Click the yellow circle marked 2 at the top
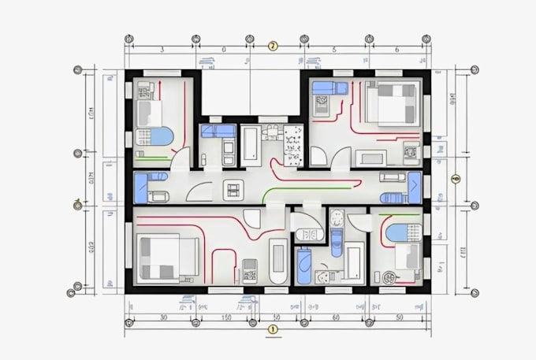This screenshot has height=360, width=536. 273,46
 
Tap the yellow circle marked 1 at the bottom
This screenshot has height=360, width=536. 273,329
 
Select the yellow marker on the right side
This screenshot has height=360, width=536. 455,179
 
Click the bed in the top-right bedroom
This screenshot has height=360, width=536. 394,102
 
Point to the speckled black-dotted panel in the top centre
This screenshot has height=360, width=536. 293,144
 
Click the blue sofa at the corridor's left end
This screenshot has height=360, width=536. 141,188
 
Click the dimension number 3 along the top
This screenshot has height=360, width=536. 162,50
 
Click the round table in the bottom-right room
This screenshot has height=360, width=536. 389,277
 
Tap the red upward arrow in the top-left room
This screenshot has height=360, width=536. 161,85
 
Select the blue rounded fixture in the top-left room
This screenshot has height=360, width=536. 161,136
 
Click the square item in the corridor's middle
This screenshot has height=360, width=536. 234,188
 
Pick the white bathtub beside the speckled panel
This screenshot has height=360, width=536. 250,144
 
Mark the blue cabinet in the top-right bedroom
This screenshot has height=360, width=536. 322,88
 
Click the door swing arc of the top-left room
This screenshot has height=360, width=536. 181,158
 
